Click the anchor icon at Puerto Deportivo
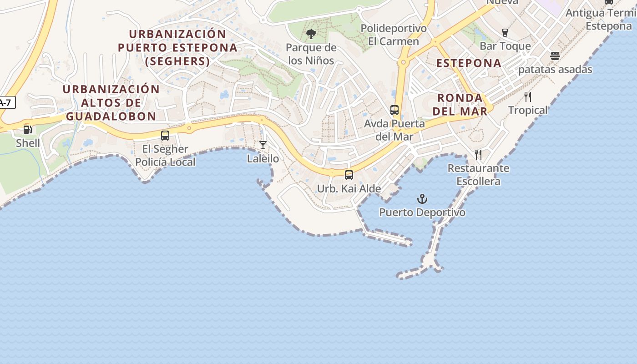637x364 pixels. click(x=422, y=199)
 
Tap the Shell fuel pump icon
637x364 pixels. click(x=28, y=130)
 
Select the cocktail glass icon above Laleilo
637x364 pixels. click(x=263, y=145)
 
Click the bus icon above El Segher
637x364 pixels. click(x=165, y=136)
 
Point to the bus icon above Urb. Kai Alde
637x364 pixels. click(x=349, y=175)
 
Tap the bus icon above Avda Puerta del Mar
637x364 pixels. click(x=394, y=110)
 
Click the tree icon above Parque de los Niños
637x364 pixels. click(x=311, y=34)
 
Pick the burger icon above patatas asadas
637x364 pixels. click(x=555, y=56)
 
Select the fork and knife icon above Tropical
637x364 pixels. click(x=528, y=97)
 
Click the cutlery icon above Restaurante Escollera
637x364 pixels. click(x=478, y=155)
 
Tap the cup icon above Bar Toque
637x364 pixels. click(x=505, y=33)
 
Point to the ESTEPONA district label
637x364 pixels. click(x=469, y=63)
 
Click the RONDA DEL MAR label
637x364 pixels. click(x=460, y=104)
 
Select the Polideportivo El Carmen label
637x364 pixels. click(x=394, y=35)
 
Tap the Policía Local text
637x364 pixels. click(x=165, y=162)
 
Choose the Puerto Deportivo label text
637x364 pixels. click(x=422, y=212)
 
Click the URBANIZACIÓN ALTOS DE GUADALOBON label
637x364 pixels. click(x=111, y=103)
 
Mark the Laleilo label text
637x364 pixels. click(x=263, y=159)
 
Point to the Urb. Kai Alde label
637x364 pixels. click(x=349, y=188)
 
